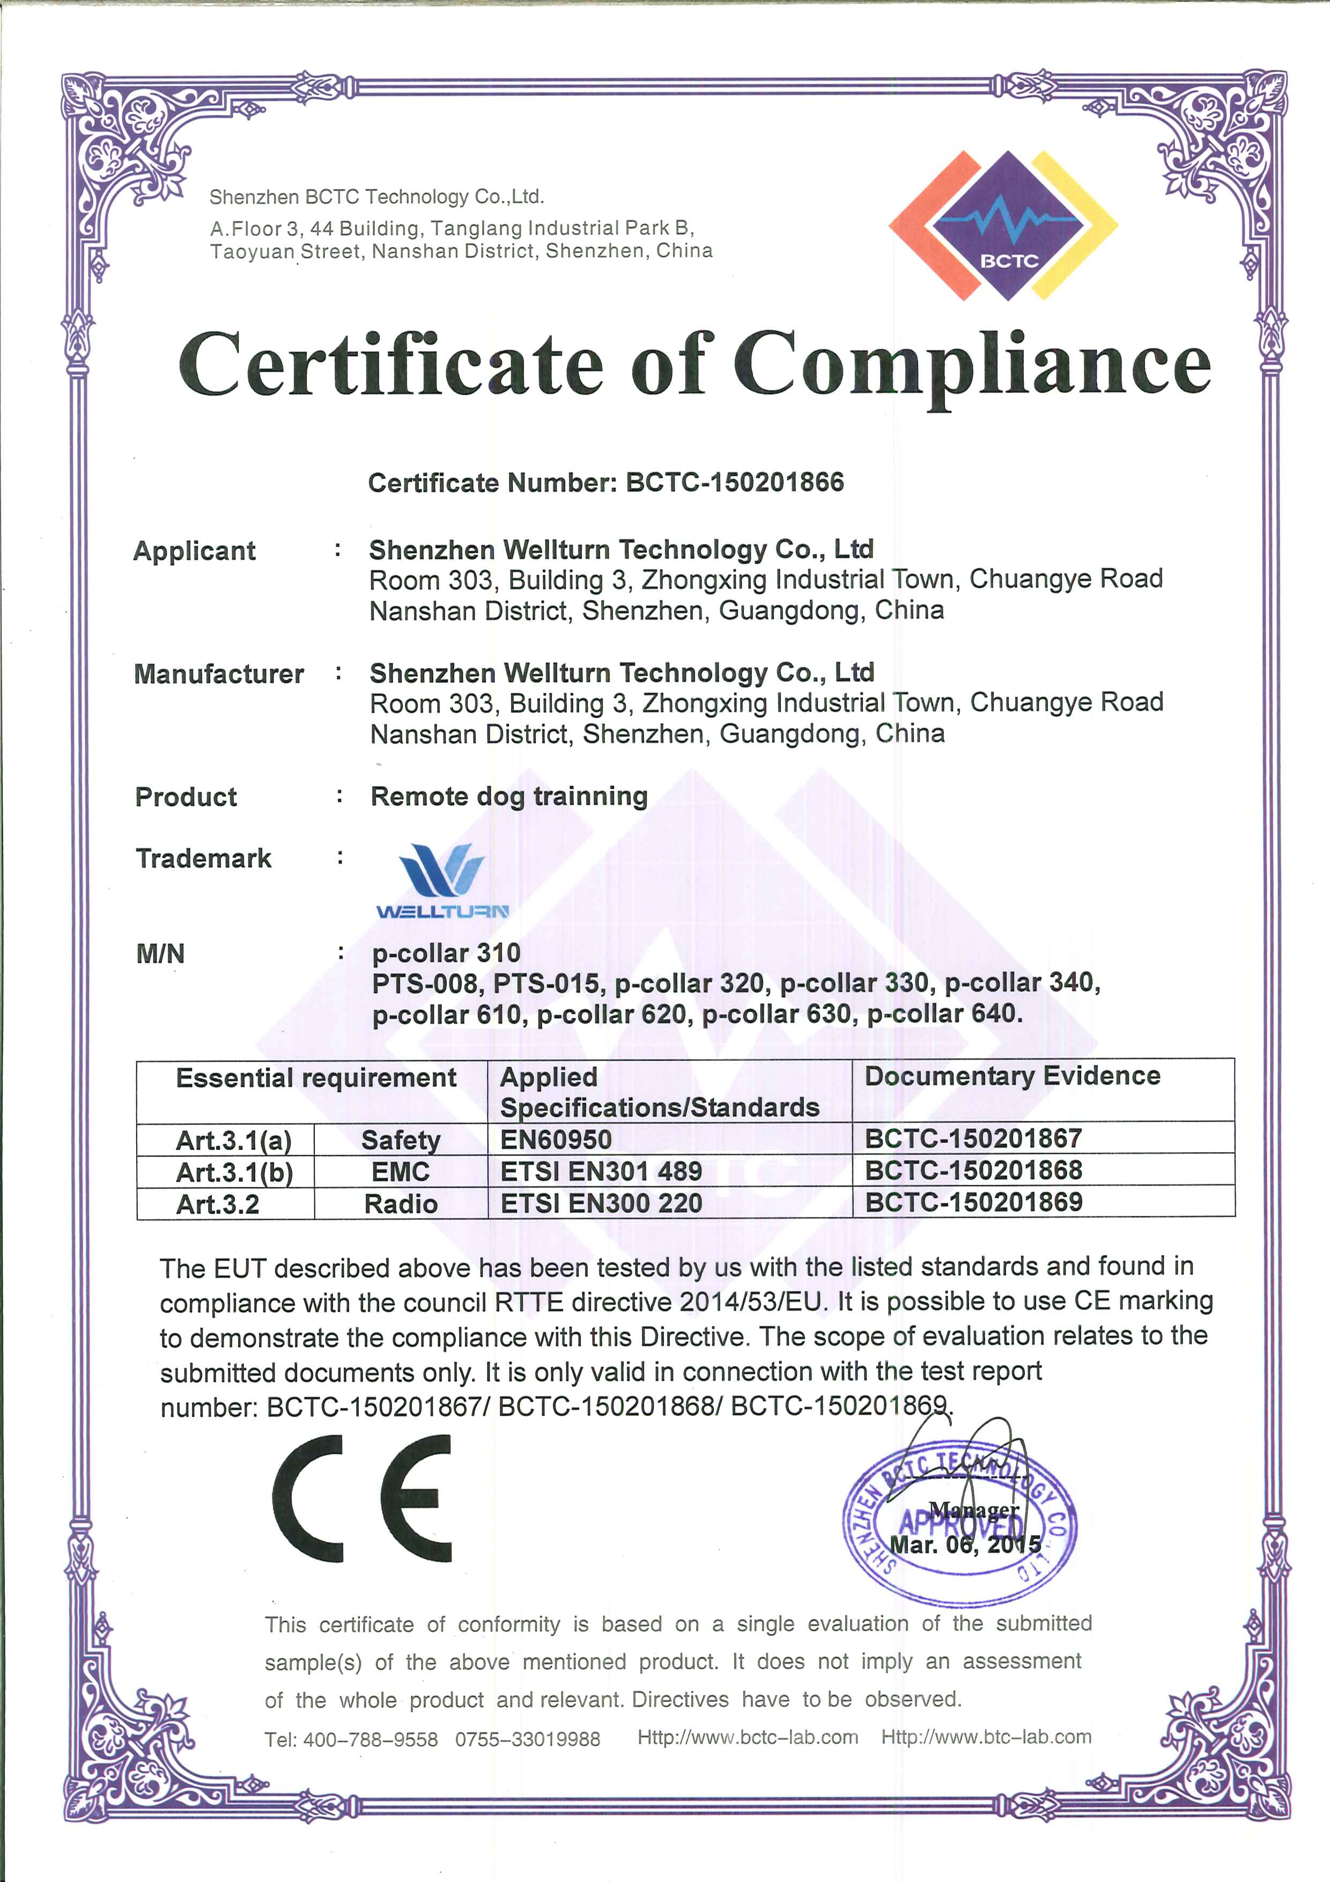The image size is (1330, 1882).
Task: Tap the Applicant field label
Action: coord(194,551)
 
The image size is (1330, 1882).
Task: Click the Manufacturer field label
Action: coord(219,674)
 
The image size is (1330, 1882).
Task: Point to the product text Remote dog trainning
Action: coord(509,796)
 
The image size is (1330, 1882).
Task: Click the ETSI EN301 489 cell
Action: coord(601,1171)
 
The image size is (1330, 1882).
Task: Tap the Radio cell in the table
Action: coord(401,1203)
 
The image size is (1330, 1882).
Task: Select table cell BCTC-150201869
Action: coord(973,1202)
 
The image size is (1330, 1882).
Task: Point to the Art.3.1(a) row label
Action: coord(233,1140)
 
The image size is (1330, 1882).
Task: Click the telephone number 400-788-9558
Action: coord(371,1739)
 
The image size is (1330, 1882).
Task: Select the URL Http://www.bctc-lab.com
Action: coord(748,1738)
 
